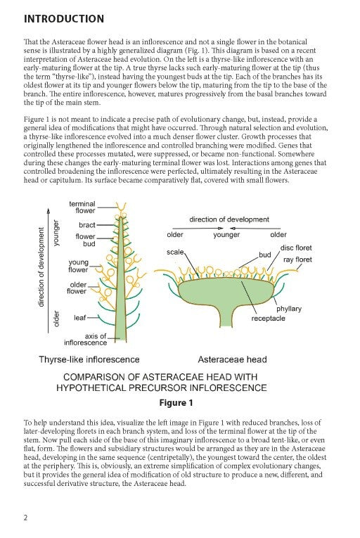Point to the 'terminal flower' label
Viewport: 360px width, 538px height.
[x=82, y=207]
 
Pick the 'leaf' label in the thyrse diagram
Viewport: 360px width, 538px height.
[x=79, y=317]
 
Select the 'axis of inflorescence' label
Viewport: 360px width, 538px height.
[x=85, y=339]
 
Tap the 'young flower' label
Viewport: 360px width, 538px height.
[x=77, y=266]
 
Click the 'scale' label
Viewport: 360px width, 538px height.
[x=175, y=251]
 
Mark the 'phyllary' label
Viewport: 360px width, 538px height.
[x=289, y=308]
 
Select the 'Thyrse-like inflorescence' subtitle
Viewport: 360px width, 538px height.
[x=89, y=359]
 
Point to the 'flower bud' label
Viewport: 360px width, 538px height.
[x=85, y=241]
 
